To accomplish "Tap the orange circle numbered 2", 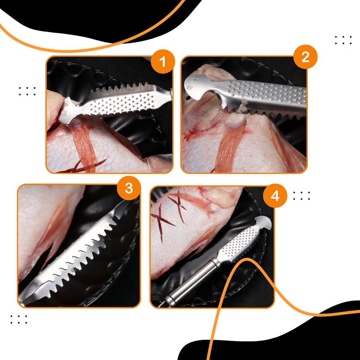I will (306, 57).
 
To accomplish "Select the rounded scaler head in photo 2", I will (198, 86).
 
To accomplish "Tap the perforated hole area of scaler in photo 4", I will (243, 238).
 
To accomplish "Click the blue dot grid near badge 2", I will (343, 40).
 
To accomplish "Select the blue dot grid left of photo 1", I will (27, 91).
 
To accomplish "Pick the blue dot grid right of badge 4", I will (301, 195).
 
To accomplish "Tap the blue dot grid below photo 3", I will (19, 319).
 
